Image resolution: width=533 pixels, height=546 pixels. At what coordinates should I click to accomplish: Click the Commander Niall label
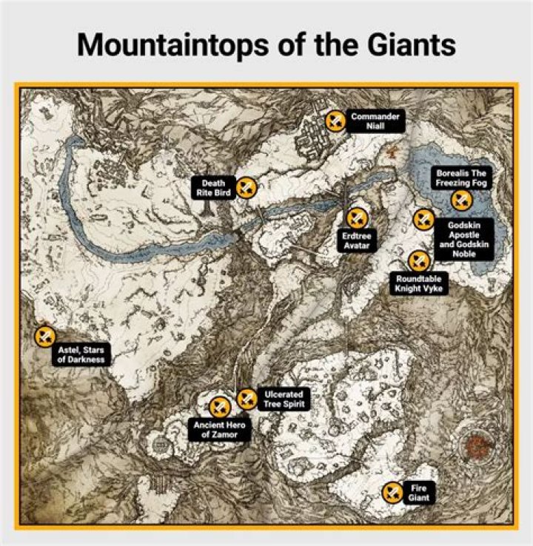pos(376,122)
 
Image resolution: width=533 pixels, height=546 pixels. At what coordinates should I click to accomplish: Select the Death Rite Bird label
pos(214,188)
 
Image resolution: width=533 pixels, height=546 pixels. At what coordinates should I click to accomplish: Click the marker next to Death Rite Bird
pos(247,188)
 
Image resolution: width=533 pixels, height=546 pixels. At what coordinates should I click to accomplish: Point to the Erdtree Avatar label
pos(355,240)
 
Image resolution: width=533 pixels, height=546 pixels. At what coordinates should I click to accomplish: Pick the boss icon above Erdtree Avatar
pos(358,218)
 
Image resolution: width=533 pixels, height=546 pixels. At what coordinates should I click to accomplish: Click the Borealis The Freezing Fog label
pos(463,178)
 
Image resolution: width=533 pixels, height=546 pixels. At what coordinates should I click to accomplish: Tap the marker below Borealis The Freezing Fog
pos(461,200)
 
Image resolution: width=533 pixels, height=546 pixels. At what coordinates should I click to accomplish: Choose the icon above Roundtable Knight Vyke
pos(418,260)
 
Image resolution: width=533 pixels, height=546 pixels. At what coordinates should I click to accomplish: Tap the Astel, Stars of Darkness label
pos(81,354)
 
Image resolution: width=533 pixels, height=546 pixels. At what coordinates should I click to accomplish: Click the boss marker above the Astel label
pos(45,337)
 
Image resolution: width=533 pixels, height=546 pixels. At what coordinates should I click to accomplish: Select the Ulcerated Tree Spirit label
pos(283,400)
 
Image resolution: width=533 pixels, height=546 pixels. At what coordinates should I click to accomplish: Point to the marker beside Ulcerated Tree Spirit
pos(247,400)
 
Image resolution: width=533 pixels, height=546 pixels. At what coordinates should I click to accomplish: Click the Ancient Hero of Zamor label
pos(220,430)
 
